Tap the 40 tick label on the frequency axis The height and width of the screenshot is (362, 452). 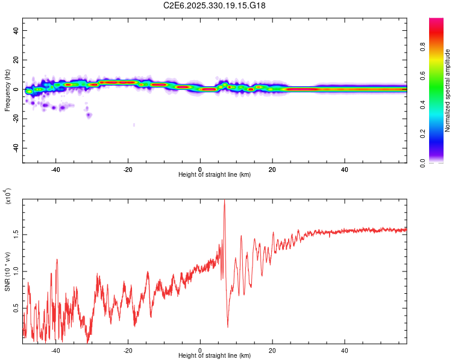point(16,31)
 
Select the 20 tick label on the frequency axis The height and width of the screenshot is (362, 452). point(16,60)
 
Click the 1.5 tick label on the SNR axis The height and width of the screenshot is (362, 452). point(16,233)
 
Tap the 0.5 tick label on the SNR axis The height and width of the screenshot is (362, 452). point(16,308)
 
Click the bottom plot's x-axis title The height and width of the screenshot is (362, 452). point(215,355)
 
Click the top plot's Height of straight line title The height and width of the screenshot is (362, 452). point(215,174)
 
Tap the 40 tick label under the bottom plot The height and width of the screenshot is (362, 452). point(345,349)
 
